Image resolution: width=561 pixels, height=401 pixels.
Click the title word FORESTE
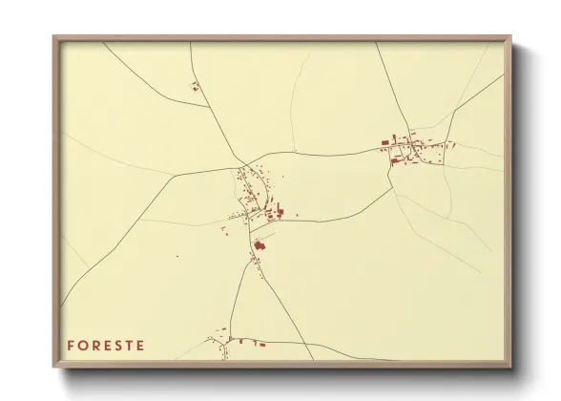[x=105, y=345]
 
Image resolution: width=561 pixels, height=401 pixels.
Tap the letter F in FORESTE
[x=71, y=345]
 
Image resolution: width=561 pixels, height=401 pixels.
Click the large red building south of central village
[x=259, y=246]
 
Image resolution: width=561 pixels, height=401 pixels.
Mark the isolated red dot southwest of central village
[x=177, y=256]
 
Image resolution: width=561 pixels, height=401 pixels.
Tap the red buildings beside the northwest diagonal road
[x=196, y=87]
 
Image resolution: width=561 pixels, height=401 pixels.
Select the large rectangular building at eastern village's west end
[x=386, y=142]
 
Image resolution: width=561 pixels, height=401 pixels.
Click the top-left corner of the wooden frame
[x=54, y=37]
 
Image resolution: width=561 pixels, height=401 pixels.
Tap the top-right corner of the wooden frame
[x=510, y=37]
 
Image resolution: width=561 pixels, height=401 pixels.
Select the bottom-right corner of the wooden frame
[x=510, y=367]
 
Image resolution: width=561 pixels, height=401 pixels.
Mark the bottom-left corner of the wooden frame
[x=54, y=367]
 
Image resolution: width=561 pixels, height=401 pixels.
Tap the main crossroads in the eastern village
[x=411, y=147]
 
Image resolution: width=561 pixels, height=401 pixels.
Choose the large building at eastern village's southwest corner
[x=394, y=160]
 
